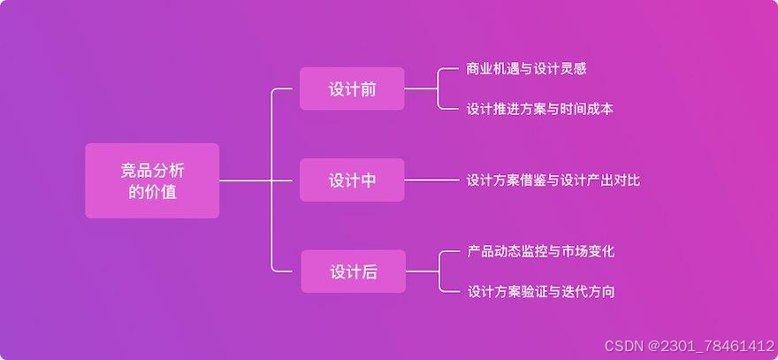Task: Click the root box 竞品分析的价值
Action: pos(152,180)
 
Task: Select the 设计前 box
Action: pos(352,88)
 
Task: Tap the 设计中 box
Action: pos(352,180)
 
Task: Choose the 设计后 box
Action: pos(353,272)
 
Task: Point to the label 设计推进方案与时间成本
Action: pos(539,110)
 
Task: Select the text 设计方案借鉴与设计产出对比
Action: pos(553,180)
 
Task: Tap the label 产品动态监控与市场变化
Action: pos(540,251)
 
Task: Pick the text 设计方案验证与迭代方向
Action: pos(540,292)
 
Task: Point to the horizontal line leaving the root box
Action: pos(243,180)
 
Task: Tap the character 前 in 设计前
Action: pos(368,89)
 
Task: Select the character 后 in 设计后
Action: pos(370,272)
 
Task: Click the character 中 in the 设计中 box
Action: pos(368,180)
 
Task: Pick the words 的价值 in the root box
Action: pos(152,192)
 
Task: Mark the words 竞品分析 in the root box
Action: pos(152,170)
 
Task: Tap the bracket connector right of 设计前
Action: pos(439,88)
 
